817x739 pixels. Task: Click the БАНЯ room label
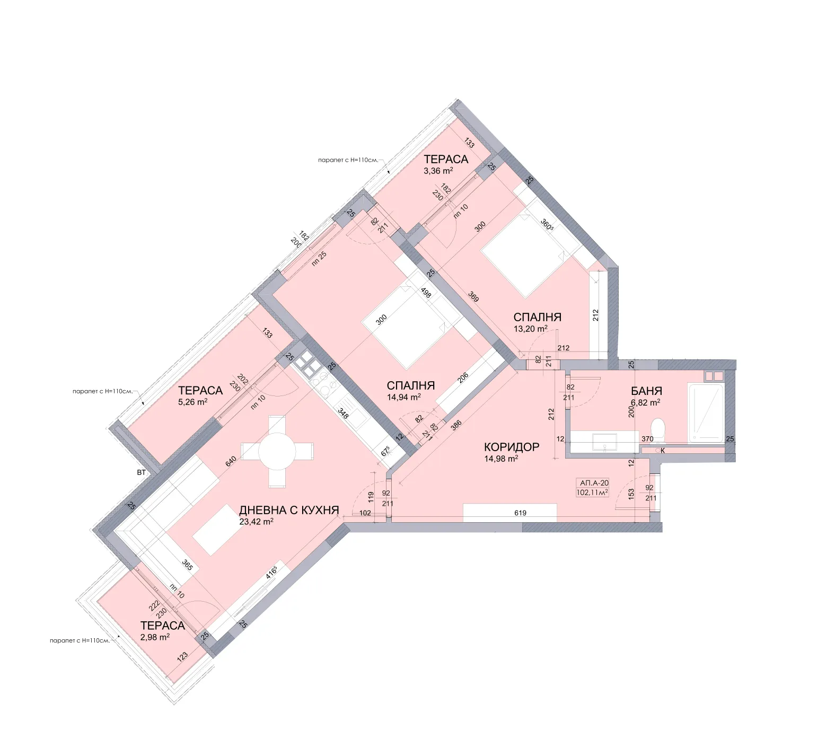646,391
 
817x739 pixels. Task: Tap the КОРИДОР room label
511,447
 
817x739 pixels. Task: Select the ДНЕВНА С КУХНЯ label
289,510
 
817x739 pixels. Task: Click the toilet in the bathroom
657,428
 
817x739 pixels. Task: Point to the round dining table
277,451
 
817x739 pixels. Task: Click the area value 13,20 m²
530,329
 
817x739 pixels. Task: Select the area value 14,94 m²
403,397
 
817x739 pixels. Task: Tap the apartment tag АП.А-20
594,483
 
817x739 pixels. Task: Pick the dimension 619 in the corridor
520,513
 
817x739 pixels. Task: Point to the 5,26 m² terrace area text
192,402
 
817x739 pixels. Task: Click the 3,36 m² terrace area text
438,171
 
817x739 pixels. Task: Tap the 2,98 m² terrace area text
155,637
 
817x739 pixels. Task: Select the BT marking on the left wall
141,472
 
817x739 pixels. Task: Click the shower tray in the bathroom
706,413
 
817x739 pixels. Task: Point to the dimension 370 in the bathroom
647,439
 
